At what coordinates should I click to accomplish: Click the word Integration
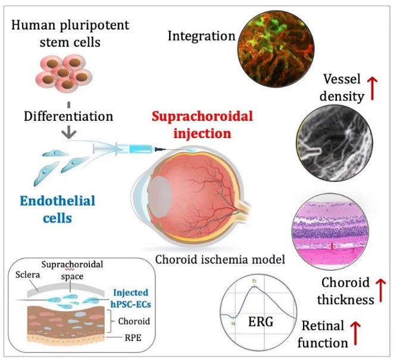pyautogui.click(x=201, y=36)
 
